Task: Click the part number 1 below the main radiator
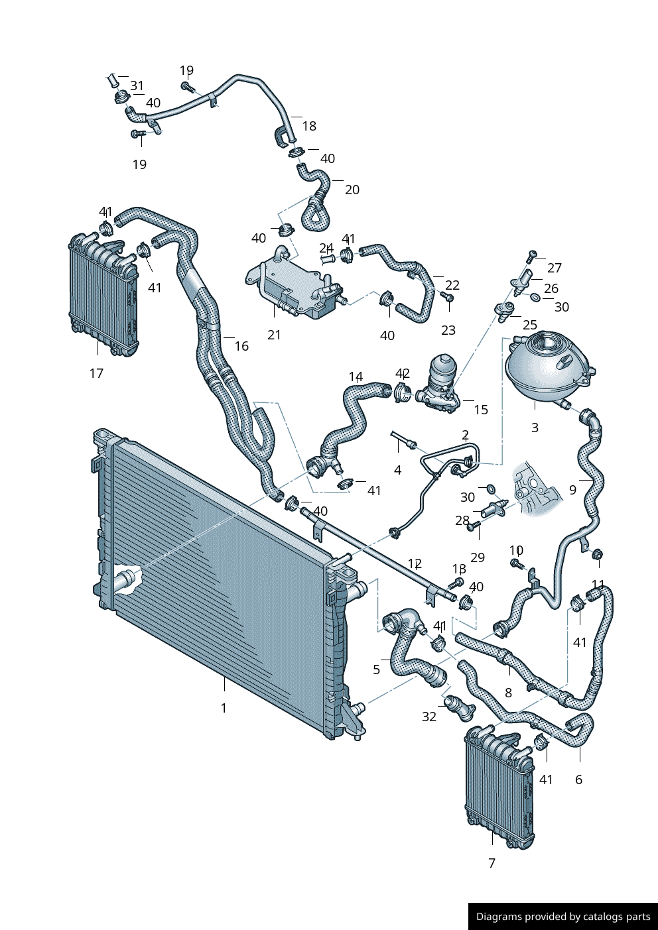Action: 224,708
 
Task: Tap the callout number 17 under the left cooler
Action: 96,373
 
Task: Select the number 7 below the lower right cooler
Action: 492,863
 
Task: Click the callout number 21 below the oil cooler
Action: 274,335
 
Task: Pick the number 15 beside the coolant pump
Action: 481,410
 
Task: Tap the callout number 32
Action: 429,717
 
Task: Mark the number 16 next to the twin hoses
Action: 241,346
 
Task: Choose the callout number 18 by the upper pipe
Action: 309,126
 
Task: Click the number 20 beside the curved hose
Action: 352,190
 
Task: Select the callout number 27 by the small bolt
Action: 555,268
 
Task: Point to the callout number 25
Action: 530,325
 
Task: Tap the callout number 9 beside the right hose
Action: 572,491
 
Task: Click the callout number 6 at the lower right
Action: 578,780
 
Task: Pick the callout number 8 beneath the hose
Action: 508,693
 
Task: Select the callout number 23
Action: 448,330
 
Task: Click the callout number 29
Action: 478,557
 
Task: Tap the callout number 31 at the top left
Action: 137,86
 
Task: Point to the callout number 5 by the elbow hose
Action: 377,669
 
